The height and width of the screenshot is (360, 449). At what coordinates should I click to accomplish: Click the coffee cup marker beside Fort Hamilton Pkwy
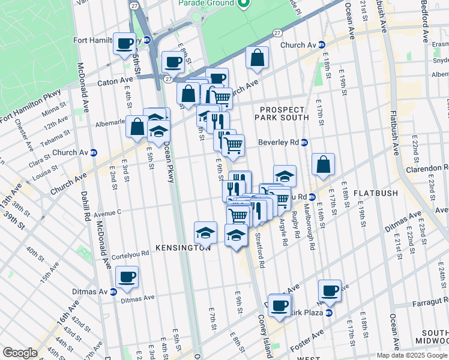[x=124, y=43]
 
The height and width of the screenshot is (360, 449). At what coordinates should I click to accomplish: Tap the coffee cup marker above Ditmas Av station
[x=127, y=277]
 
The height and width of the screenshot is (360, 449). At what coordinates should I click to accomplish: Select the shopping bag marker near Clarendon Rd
[x=323, y=164]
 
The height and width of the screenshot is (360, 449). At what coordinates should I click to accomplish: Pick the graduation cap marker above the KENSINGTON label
[x=205, y=232]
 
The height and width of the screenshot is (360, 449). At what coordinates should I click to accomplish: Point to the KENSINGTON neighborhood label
[x=182, y=247]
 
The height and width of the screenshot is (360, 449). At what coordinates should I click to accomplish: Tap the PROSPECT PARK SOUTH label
[x=285, y=112]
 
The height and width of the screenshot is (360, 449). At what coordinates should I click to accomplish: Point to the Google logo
[x=20, y=353]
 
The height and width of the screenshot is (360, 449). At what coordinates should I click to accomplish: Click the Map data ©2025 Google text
[x=411, y=355]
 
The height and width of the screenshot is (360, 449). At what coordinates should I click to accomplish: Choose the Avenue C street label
[x=107, y=212]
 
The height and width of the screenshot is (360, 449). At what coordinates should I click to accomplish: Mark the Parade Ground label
[x=206, y=4]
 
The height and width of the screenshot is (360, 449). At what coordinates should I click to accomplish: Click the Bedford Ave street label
[x=424, y=20]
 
